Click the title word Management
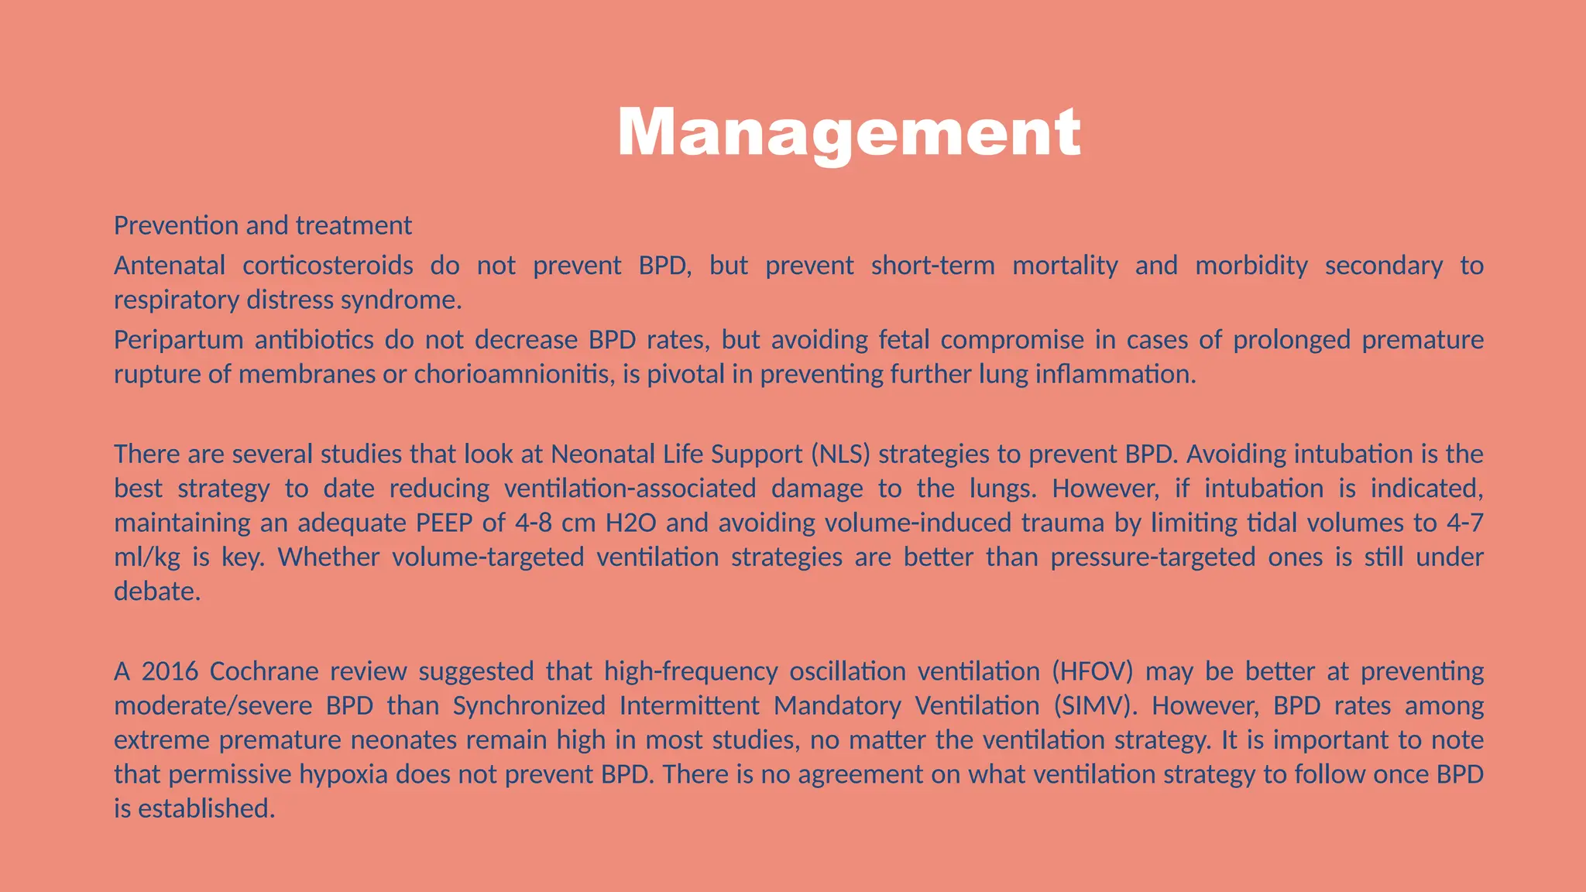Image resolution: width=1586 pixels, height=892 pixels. (x=849, y=133)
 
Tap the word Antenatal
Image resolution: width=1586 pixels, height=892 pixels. (x=170, y=266)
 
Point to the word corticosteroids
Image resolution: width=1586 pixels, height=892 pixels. (x=328, y=266)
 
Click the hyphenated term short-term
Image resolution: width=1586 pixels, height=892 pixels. (x=932, y=266)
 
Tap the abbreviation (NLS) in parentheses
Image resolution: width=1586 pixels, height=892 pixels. (x=840, y=454)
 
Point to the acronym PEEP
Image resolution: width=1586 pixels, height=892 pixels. (x=444, y=523)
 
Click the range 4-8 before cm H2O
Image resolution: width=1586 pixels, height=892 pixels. (x=534, y=523)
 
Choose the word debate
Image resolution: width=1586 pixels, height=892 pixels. (x=157, y=592)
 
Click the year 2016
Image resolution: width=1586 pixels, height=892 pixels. (x=170, y=671)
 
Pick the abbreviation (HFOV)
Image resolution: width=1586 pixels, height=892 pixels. (x=1092, y=671)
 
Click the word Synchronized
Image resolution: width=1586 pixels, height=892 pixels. (x=529, y=706)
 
